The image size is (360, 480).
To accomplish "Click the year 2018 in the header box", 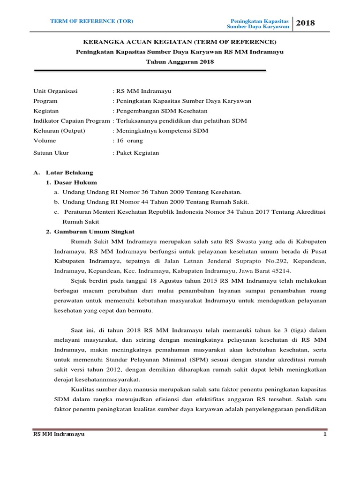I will [x=306, y=23].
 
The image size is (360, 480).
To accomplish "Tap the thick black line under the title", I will [x=150, y=71].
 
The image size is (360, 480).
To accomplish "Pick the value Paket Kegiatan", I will [x=138, y=153].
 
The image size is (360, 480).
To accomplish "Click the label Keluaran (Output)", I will [x=59, y=130].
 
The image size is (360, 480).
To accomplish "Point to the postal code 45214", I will [x=281, y=271].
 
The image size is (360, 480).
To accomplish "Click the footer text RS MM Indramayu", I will [x=59, y=435].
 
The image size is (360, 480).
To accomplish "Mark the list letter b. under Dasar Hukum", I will [x=56, y=202].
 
